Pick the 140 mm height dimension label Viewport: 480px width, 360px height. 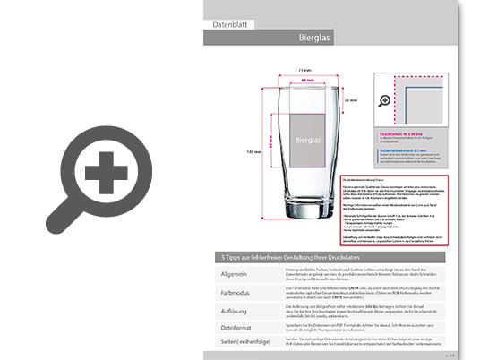255,152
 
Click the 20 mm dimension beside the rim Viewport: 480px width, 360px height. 351,99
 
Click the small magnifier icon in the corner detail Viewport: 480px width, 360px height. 385,102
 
